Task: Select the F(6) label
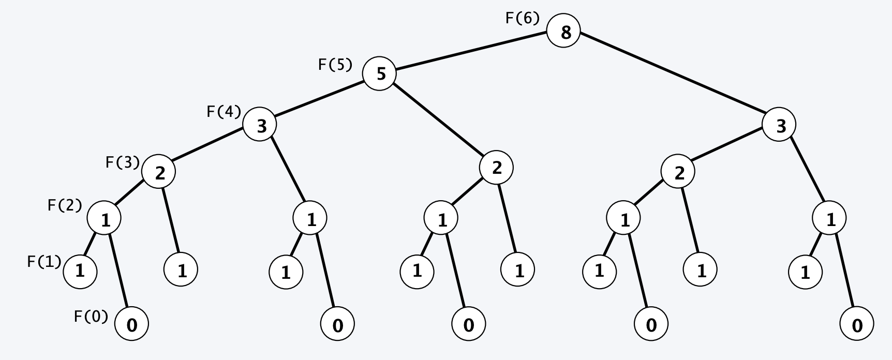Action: (522, 19)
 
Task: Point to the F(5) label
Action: (335, 65)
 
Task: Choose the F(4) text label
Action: (224, 112)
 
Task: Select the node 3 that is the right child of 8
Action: (779, 125)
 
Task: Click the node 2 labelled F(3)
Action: (158, 172)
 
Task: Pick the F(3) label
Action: (123, 163)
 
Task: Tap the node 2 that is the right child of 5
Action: (496, 168)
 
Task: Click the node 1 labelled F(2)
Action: (104, 219)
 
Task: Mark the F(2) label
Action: (65, 206)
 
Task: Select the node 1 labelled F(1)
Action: (80, 271)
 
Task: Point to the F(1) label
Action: (44, 262)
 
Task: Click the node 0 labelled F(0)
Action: (131, 325)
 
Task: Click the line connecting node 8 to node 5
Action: (471, 53)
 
